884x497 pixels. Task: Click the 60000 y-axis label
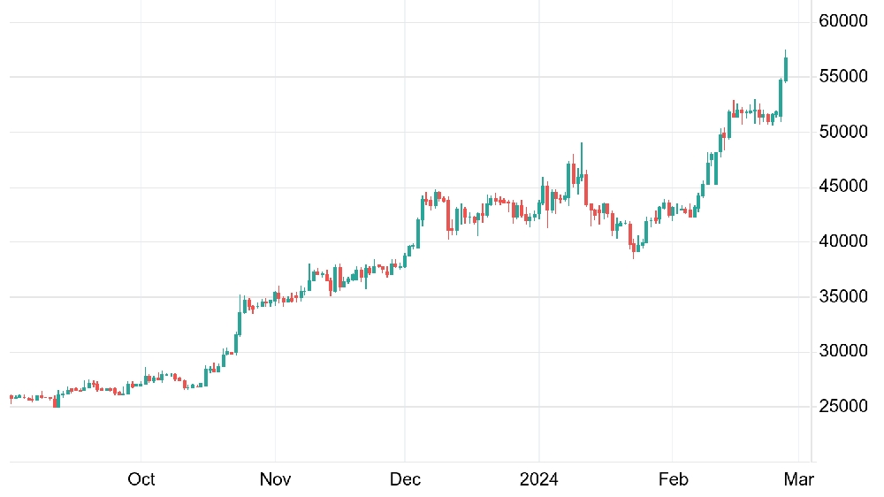coord(842,21)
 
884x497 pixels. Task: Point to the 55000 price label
coord(842,76)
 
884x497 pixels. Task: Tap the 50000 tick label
coord(842,132)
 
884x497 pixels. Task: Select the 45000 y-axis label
coord(842,187)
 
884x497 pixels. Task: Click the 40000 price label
coord(842,241)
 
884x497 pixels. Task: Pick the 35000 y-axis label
coord(842,296)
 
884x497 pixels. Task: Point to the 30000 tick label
coord(842,351)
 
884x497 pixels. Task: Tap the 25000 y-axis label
coord(842,406)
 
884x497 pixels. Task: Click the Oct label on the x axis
coord(141,479)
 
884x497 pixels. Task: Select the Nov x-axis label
coord(275,479)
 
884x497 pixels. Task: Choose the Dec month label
coord(405,479)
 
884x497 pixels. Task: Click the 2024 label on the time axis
coord(539,479)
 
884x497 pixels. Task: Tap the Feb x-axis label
coord(673,479)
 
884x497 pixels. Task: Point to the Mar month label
coord(799,479)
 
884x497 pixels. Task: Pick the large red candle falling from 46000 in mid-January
coord(586,189)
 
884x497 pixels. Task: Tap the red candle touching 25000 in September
coord(55,401)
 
